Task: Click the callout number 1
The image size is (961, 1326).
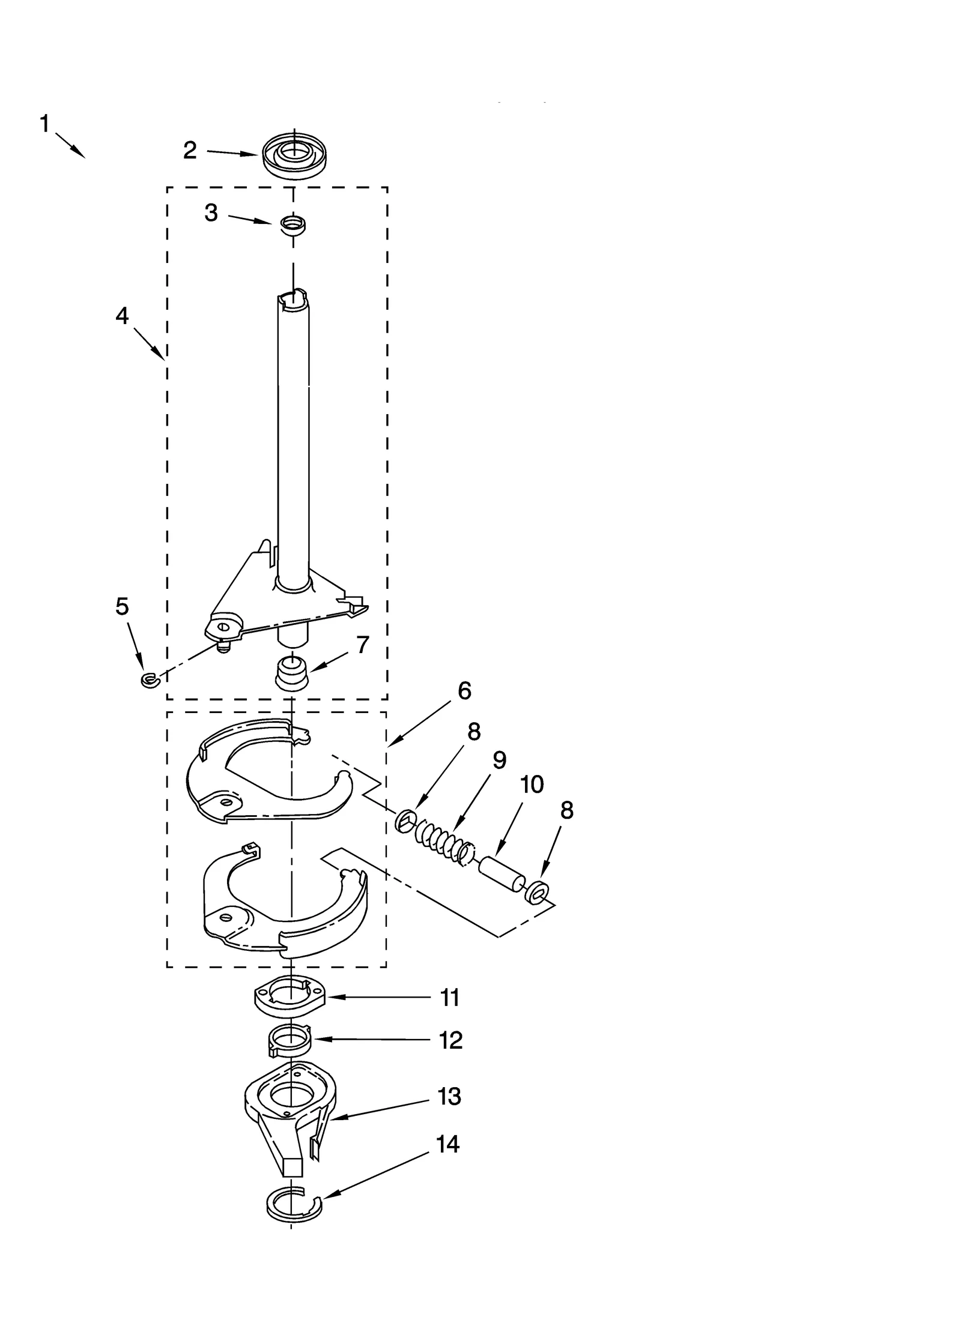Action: click(x=44, y=124)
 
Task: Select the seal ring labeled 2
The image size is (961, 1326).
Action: click(x=296, y=155)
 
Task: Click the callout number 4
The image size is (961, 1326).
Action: click(x=122, y=316)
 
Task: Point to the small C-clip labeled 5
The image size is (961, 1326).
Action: click(x=148, y=680)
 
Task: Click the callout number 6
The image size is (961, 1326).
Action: click(x=464, y=691)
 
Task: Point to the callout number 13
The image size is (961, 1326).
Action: click(x=449, y=1096)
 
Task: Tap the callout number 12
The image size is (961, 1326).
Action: click(x=450, y=1040)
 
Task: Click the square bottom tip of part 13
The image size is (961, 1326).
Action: click(x=292, y=1167)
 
